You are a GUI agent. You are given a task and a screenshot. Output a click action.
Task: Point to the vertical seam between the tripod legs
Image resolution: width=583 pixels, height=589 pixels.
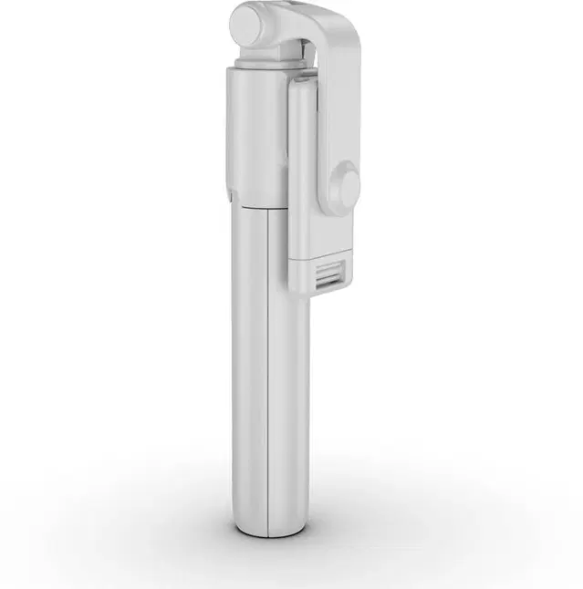266,365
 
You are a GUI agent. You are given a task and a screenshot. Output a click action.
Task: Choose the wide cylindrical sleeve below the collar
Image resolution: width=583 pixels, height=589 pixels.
255,137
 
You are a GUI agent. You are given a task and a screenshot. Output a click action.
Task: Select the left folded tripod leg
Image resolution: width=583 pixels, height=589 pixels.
245,365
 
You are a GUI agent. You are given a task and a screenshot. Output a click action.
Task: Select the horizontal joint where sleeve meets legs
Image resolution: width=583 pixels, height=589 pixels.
255,205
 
